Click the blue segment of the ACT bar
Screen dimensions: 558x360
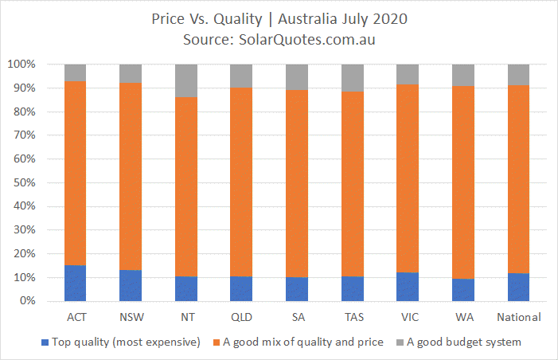point(75,283)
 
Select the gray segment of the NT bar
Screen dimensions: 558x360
point(186,80)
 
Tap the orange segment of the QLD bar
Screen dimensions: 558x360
point(241,182)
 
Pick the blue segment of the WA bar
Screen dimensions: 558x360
point(463,290)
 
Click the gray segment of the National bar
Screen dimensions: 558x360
point(518,75)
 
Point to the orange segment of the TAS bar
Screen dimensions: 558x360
point(353,184)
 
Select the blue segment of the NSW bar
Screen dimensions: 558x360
point(131,286)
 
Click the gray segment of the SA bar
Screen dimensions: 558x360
point(297,77)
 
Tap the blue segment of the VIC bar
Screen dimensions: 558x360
point(408,287)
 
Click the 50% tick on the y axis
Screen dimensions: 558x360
point(25,182)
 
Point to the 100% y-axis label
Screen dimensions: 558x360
point(21,65)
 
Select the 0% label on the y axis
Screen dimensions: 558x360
point(27,301)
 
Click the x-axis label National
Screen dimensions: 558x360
point(519,317)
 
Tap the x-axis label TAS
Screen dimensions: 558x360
point(354,317)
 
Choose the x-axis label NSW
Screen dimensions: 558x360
point(131,317)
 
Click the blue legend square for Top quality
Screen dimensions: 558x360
point(45,342)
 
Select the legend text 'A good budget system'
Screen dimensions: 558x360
point(464,342)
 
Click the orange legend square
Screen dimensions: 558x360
point(217,342)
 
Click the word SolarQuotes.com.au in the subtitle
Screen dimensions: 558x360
point(306,40)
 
